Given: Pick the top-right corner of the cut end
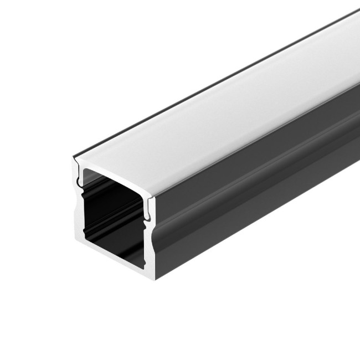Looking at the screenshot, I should tap(152, 192).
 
